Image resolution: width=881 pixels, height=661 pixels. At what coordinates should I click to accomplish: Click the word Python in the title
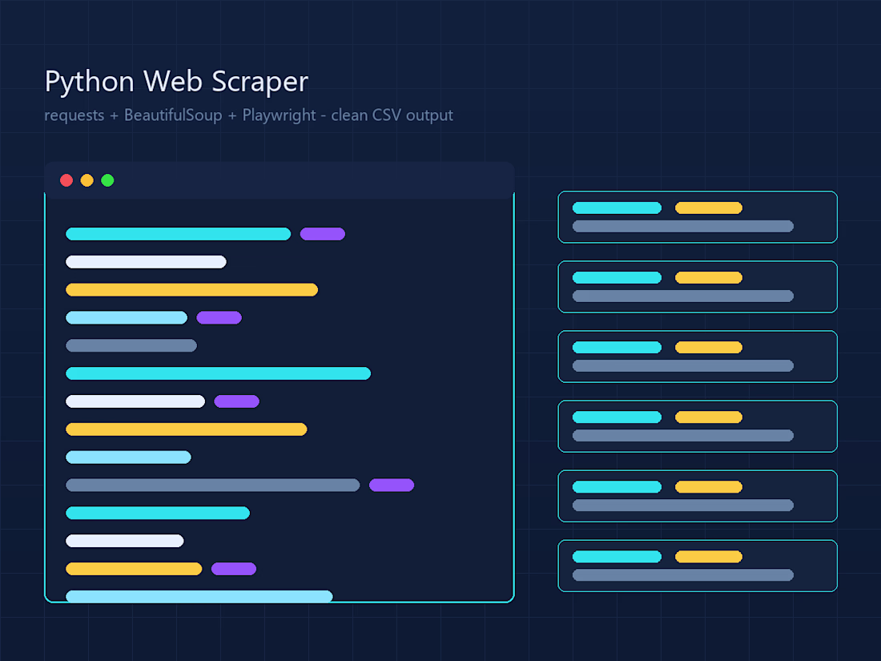pyautogui.click(x=90, y=82)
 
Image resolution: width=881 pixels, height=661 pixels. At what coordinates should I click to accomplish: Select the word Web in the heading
pyautogui.click(x=173, y=81)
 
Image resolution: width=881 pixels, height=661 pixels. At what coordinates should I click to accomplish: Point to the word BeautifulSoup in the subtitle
pyautogui.click(x=173, y=115)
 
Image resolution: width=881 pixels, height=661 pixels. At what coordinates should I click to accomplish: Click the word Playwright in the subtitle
pyautogui.click(x=280, y=116)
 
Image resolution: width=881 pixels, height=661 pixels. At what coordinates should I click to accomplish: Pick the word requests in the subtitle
pyautogui.click(x=74, y=116)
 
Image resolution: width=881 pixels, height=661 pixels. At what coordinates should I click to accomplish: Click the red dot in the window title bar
pyautogui.click(x=66, y=180)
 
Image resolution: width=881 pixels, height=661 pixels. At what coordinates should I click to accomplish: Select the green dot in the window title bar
pyautogui.click(x=107, y=180)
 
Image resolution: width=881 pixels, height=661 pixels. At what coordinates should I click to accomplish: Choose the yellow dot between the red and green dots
pyautogui.click(x=87, y=180)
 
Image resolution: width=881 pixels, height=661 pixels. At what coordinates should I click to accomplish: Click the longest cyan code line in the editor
pyautogui.click(x=218, y=373)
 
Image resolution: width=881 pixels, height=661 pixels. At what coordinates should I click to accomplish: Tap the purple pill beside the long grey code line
pyautogui.click(x=392, y=485)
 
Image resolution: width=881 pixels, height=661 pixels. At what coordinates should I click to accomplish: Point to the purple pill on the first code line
pyautogui.click(x=323, y=234)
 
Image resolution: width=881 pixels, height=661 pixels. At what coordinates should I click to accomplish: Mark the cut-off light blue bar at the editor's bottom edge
pyautogui.click(x=199, y=596)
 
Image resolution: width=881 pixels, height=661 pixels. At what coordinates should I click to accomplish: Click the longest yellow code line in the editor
pyautogui.click(x=191, y=289)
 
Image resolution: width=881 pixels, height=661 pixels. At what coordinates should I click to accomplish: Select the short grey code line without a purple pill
pyautogui.click(x=131, y=345)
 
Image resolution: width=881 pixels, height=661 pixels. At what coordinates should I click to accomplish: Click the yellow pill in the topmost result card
pyautogui.click(x=709, y=208)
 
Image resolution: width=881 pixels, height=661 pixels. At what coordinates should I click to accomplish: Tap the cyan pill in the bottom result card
pyautogui.click(x=617, y=557)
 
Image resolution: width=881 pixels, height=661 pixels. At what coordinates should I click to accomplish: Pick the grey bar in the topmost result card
pyautogui.click(x=683, y=226)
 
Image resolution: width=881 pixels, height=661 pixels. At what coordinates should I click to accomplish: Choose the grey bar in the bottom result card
pyautogui.click(x=683, y=574)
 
